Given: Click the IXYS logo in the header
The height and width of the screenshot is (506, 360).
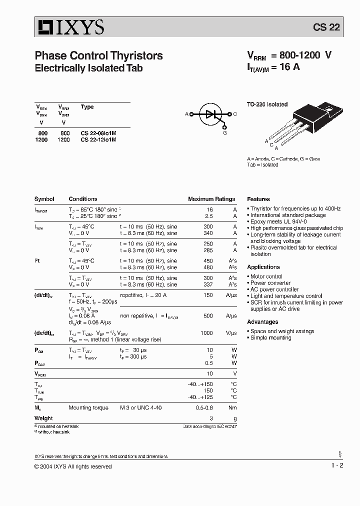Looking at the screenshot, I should [x=69, y=27].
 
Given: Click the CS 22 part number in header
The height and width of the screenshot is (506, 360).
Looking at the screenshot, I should [x=326, y=27].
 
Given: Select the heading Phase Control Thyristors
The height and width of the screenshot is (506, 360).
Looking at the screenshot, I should [x=98, y=55].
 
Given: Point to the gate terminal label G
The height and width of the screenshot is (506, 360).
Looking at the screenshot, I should [x=225, y=133].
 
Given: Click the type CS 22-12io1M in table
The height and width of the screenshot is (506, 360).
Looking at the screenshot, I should [x=98, y=140].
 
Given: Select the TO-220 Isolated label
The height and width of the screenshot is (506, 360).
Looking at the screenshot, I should [x=267, y=104].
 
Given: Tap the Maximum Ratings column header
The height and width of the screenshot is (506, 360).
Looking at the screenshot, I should [x=211, y=199].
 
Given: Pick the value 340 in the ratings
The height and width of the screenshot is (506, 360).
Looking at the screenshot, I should [x=208, y=233].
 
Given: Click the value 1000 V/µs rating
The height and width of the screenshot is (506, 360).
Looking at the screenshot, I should [x=206, y=332].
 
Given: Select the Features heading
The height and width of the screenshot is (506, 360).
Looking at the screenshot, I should [x=258, y=199].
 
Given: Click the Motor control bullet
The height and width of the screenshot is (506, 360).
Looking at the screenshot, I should [x=266, y=276].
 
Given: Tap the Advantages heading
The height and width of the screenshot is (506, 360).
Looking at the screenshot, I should [x=262, y=322].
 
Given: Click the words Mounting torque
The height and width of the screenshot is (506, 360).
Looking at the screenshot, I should [x=88, y=408].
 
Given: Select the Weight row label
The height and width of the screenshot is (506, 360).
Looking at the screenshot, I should [x=43, y=418].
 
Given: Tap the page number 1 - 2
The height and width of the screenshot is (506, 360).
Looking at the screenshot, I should [x=337, y=465].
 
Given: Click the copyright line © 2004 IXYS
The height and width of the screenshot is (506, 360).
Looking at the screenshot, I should [x=73, y=466].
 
